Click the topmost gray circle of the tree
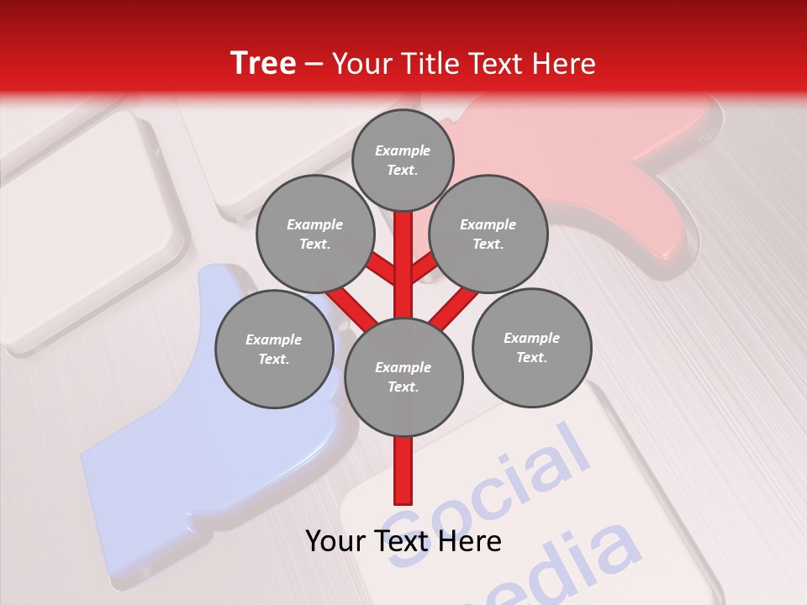tap(403, 160)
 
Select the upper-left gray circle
tap(314, 234)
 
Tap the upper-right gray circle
tap(488, 234)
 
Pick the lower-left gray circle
tap(273, 349)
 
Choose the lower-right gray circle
tap(531, 347)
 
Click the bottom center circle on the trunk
tap(403, 376)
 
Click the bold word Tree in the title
tap(263, 64)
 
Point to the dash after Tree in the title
tap(314, 64)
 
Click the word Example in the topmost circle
tap(403, 150)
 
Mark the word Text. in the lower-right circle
tap(531, 357)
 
